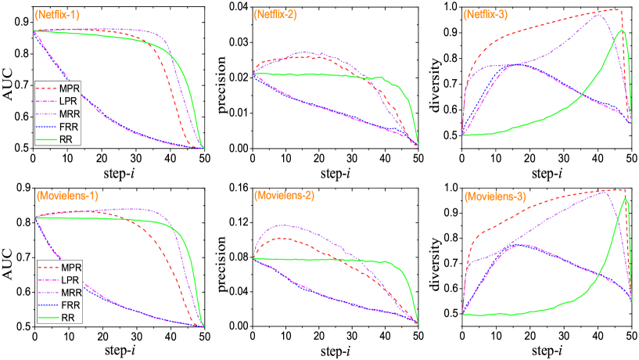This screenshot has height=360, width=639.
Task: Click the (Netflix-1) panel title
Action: coord(57,14)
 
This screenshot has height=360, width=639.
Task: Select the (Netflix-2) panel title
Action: coord(275,15)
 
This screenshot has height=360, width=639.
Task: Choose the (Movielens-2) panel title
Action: coord(284,195)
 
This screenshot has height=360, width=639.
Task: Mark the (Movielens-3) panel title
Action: coord(496,196)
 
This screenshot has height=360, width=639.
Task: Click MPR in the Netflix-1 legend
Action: coord(70,87)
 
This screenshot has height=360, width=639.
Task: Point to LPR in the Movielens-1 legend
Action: coord(71,279)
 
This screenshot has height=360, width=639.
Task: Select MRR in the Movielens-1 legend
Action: coord(71,292)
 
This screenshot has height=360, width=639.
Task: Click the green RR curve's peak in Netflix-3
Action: coord(623,31)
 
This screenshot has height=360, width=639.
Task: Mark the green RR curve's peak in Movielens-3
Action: coord(626,199)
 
